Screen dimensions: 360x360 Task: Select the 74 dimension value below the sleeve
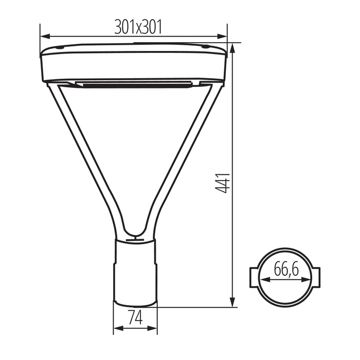point(135,317)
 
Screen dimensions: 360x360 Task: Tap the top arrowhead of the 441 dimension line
point(233,47)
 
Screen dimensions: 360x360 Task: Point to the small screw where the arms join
point(135,238)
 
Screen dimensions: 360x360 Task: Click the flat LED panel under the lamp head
point(135,83)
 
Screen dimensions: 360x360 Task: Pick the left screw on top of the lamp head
point(61,48)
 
